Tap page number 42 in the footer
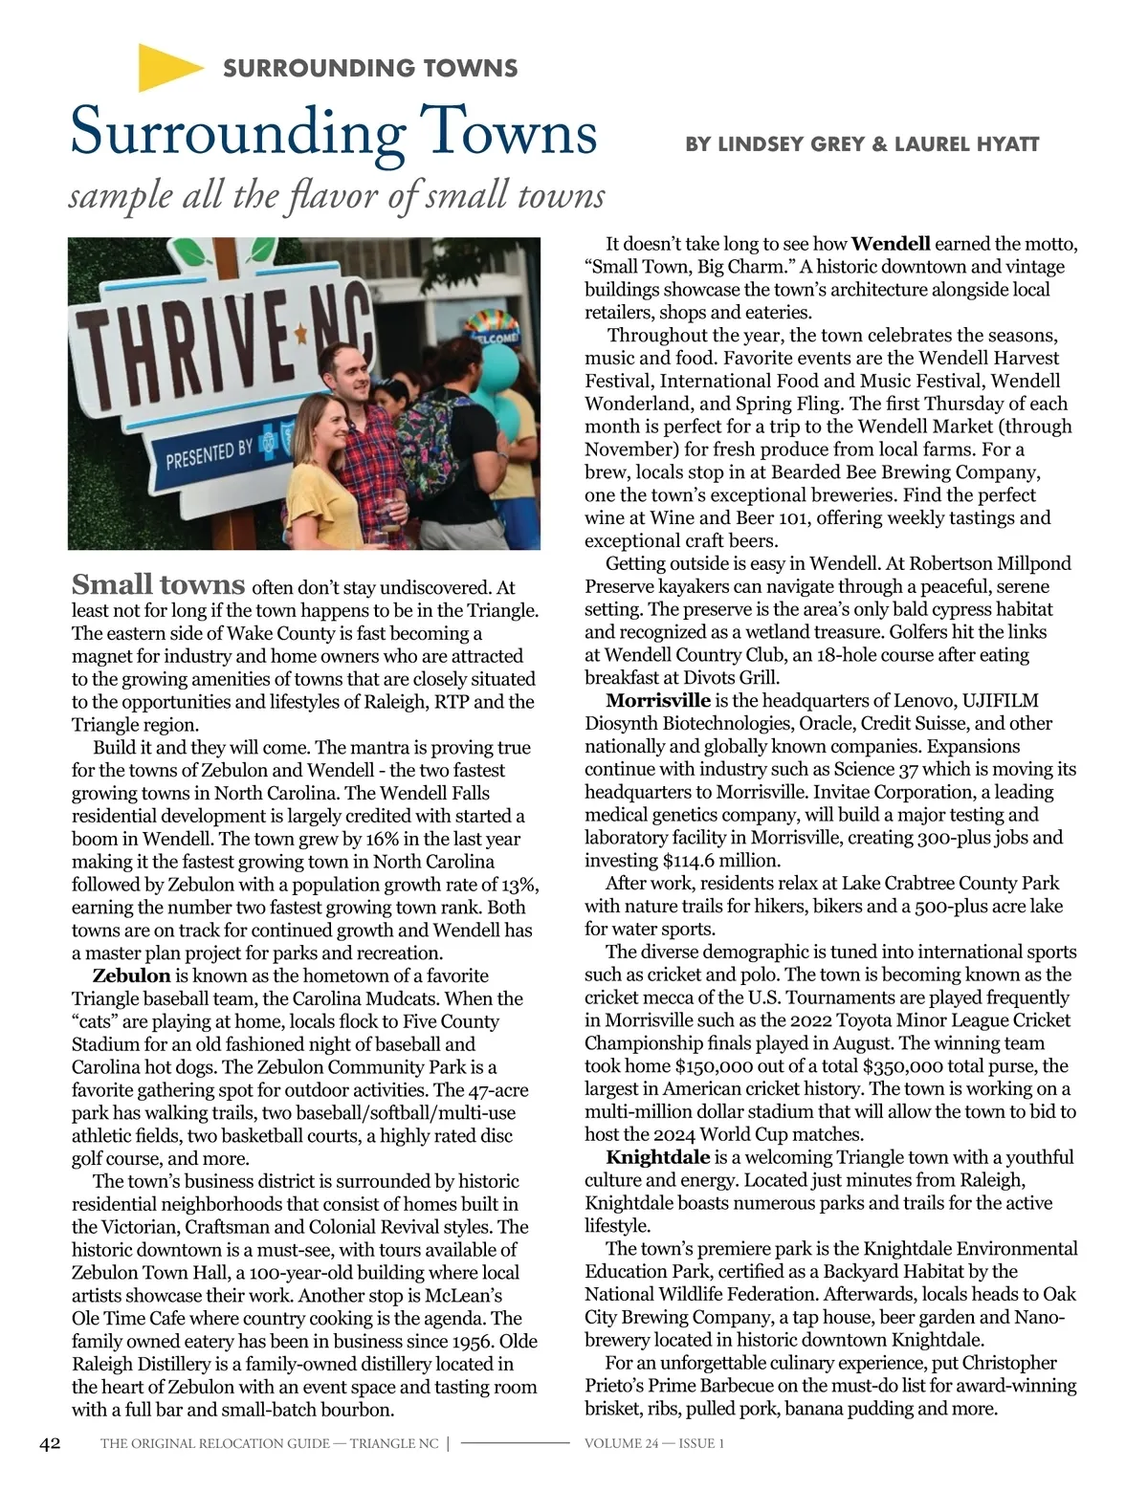[x=50, y=1443]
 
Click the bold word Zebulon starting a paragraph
[x=131, y=975]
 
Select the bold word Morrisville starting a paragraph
[x=658, y=701]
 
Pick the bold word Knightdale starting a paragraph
[x=658, y=1157]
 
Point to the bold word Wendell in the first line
[x=891, y=244]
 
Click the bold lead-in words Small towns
[x=159, y=584]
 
